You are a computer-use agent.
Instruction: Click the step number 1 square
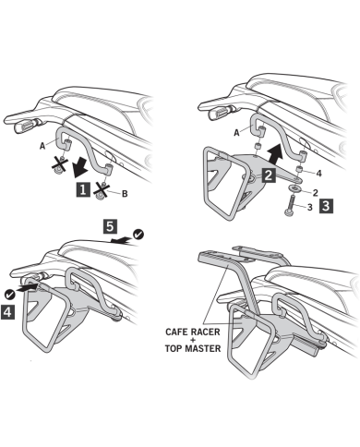coord(83,189)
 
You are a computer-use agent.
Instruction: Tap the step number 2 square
coord(268,175)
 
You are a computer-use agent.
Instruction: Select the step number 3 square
coord(326,206)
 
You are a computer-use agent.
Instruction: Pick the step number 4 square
coord(7,312)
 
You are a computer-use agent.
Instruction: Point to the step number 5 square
coord(110,226)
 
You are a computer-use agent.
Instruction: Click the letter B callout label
coord(125,194)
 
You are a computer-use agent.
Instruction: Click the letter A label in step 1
coord(42,146)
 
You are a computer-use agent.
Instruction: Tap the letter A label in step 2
coord(236,133)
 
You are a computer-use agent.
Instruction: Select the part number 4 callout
coord(319,174)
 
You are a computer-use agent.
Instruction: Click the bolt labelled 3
coord(291,205)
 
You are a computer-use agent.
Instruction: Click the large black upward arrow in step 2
coord(273,155)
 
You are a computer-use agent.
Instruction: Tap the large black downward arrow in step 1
coord(79,169)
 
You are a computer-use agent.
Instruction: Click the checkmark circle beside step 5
coord(138,235)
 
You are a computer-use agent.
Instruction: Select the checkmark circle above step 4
coord(10,295)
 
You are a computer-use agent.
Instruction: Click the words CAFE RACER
coord(193,332)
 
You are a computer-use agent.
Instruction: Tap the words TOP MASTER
coord(193,349)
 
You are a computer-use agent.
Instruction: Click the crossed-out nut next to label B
coord(102,190)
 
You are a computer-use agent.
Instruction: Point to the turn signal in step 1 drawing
coord(27,125)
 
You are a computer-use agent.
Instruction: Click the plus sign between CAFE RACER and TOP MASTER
coord(193,341)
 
